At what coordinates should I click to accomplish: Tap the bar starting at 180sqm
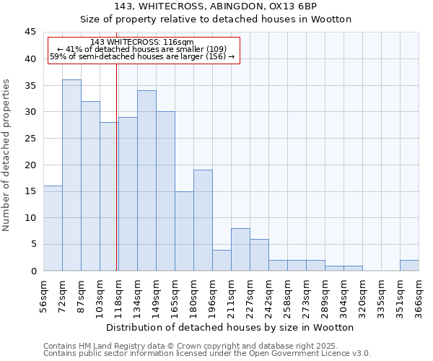point(203,220)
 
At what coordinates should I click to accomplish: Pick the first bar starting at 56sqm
point(53,228)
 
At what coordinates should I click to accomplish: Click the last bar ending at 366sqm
point(409,265)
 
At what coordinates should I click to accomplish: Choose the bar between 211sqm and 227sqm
point(240,250)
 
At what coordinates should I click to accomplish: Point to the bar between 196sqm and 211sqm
point(222,260)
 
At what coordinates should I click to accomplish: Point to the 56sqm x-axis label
point(43,295)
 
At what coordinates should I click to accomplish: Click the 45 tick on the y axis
point(30,32)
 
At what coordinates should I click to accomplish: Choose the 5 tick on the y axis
point(33,244)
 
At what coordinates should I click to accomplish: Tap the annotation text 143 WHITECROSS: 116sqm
point(142,43)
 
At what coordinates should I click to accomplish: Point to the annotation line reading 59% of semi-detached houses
point(142,56)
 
